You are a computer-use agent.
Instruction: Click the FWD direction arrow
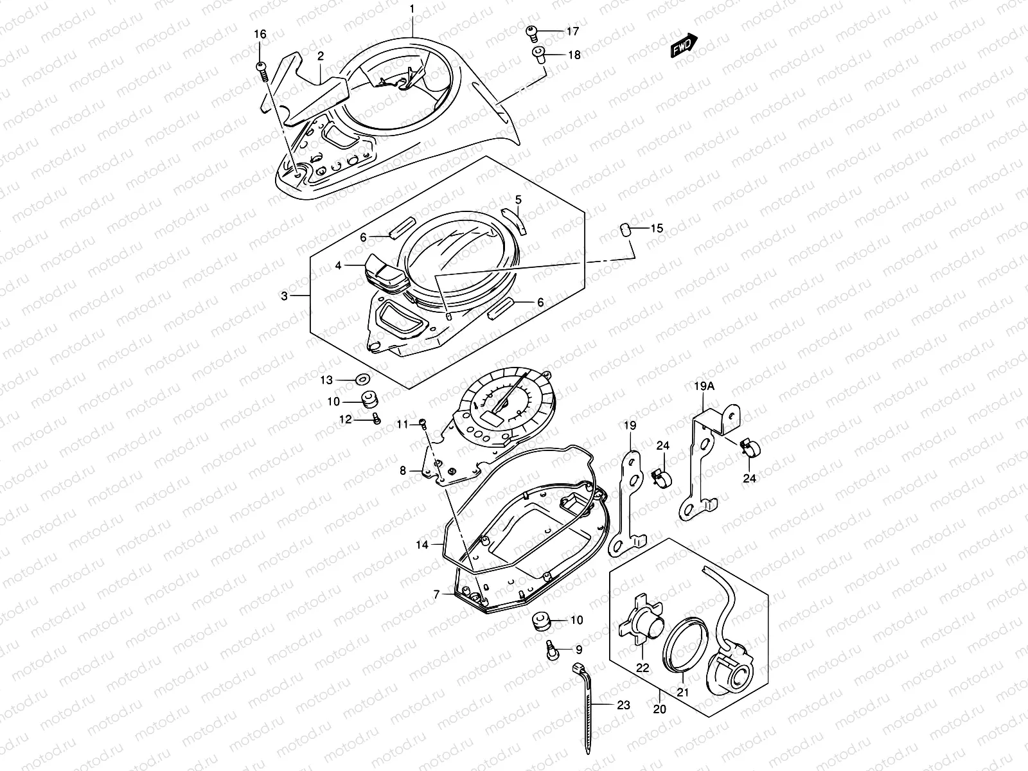[x=684, y=46]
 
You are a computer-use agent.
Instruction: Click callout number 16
[x=259, y=34]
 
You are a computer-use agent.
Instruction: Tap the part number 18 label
[x=573, y=55]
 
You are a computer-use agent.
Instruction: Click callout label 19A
[x=704, y=386]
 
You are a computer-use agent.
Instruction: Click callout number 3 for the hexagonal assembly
[x=284, y=296]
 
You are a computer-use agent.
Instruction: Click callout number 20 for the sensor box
[x=660, y=710]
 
